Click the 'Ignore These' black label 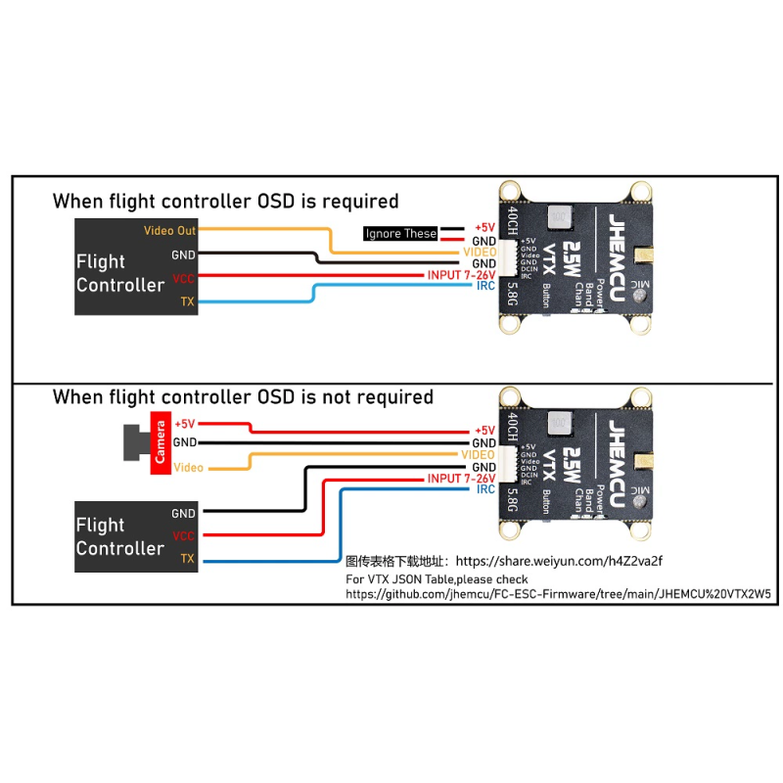pyautogui.click(x=401, y=234)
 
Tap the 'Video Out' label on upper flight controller pyautogui.click(x=170, y=231)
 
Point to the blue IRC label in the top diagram pyautogui.click(x=485, y=286)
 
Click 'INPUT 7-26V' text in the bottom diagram pyautogui.click(x=461, y=479)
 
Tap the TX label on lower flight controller pyautogui.click(x=187, y=559)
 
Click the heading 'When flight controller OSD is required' pyautogui.click(x=225, y=202)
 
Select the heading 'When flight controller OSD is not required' pyautogui.click(x=242, y=397)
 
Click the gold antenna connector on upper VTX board pyautogui.click(x=645, y=255)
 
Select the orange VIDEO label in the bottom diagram pyautogui.click(x=478, y=455)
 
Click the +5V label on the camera pyautogui.click(x=185, y=424)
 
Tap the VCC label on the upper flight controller pyautogui.click(x=184, y=278)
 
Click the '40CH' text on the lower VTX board pyautogui.click(x=514, y=427)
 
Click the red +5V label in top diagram pyautogui.click(x=484, y=227)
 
